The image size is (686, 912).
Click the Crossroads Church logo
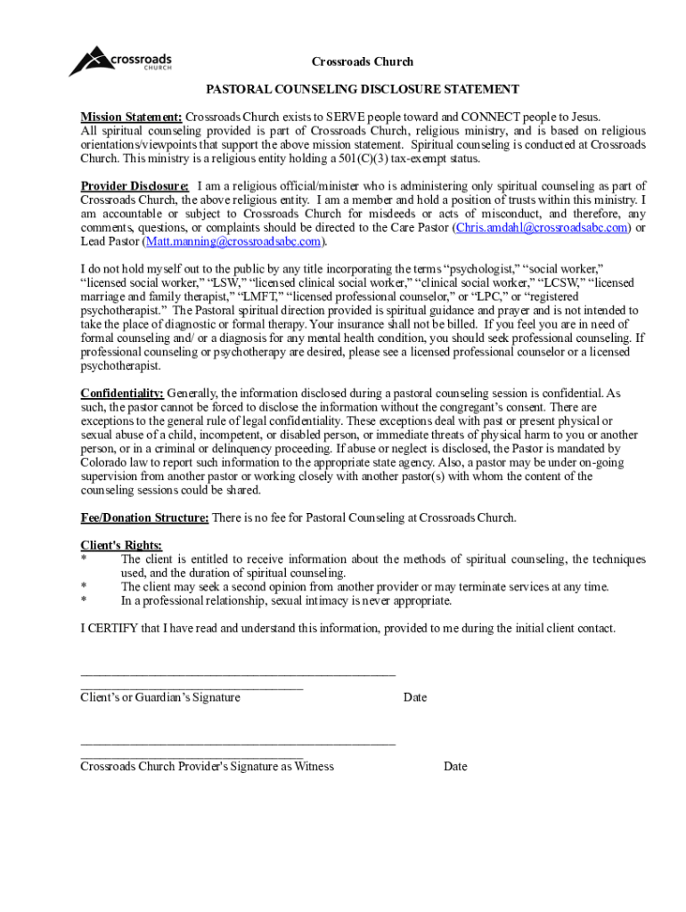click(120, 61)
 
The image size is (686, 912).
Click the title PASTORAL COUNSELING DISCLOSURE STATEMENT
click(363, 89)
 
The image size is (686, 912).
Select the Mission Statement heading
click(131, 117)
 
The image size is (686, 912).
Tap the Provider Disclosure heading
click(135, 185)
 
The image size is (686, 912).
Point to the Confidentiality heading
click(122, 393)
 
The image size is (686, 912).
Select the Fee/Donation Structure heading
click(145, 517)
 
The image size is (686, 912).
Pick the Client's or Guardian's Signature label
click(160, 697)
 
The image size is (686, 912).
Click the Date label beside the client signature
click(414, 697)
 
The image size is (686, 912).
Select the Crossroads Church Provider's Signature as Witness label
click(208, 766)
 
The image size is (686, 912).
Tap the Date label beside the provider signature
click(455, 766)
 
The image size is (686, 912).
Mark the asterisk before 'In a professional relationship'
click(84, 601)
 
